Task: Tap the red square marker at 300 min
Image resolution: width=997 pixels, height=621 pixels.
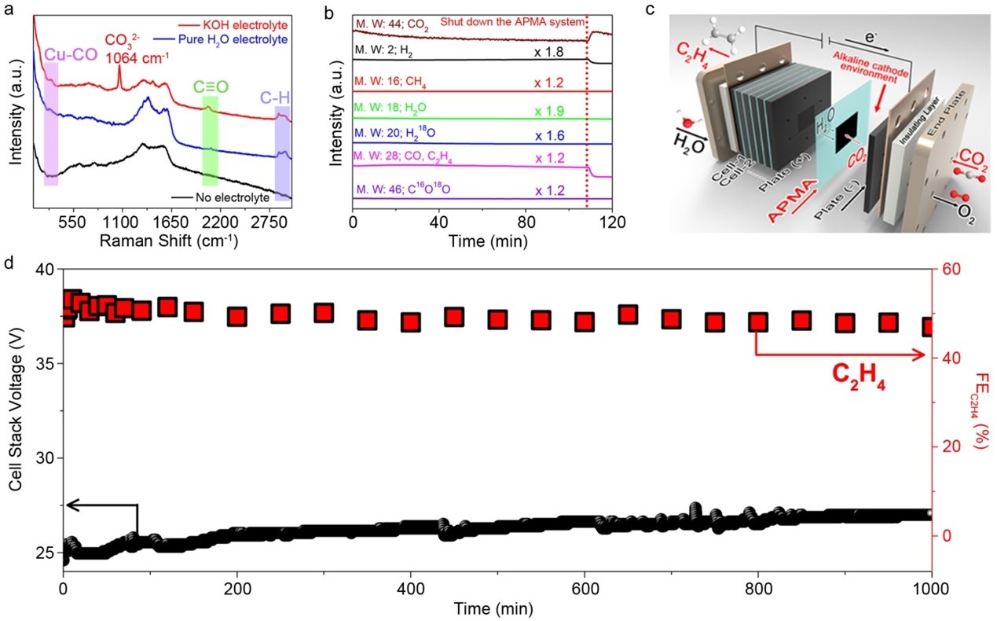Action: [323, 313]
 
